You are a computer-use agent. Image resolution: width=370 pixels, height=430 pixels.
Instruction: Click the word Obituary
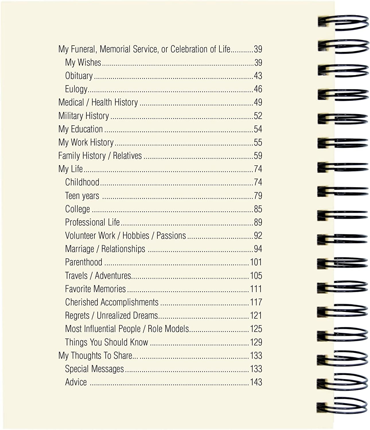[79, 76]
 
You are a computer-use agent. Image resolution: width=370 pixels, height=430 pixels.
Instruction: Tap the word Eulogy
[76, 89]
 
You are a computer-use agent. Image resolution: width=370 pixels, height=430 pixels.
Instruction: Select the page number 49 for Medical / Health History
[258, 102]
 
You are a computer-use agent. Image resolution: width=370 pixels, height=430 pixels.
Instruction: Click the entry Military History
[83, 116]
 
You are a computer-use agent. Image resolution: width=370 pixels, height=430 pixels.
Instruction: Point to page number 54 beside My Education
[258, 129]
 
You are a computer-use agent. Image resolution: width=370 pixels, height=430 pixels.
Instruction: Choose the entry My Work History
[86, 142]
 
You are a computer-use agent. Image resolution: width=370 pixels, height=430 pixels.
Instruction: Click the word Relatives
[127, 156]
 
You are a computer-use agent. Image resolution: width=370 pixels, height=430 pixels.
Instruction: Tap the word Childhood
[82, 182]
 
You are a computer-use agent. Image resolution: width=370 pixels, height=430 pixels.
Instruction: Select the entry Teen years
[82, 196]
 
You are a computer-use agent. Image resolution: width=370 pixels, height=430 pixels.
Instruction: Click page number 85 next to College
[258, 209]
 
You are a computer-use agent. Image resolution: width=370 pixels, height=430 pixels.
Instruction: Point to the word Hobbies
[136, 236]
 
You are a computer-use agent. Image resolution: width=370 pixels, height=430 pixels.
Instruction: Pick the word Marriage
[79, 249]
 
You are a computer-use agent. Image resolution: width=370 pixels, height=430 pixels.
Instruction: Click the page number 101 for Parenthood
[256, 262]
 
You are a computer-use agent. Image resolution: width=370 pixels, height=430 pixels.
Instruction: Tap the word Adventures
[113, 275]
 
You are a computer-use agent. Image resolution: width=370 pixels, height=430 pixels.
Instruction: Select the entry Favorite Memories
[95, 289]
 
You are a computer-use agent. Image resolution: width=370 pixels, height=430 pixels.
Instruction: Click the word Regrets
[77, 316]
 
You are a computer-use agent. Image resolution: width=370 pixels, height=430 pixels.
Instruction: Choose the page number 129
[256, 342]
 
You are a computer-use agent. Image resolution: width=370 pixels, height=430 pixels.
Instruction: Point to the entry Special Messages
[94, 369]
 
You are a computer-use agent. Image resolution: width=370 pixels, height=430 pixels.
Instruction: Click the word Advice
[76, 382]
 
